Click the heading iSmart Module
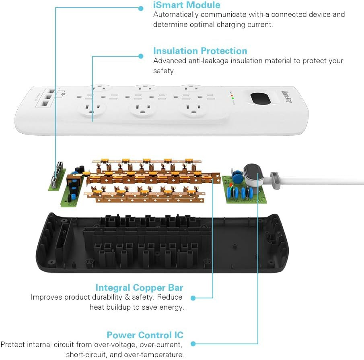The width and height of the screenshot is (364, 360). pos(187,5)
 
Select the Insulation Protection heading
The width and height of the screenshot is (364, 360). pos(200,51)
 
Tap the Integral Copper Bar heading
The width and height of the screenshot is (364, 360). pos(139,288)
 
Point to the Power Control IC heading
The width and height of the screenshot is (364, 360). pos(145,335)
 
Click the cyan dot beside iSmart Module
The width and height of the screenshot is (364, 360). pos(141,8)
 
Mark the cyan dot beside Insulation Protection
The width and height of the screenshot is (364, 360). pos(141,56)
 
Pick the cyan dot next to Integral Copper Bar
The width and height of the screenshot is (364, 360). pos(193,298)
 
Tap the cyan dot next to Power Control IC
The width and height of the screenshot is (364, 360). pos(193,344)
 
